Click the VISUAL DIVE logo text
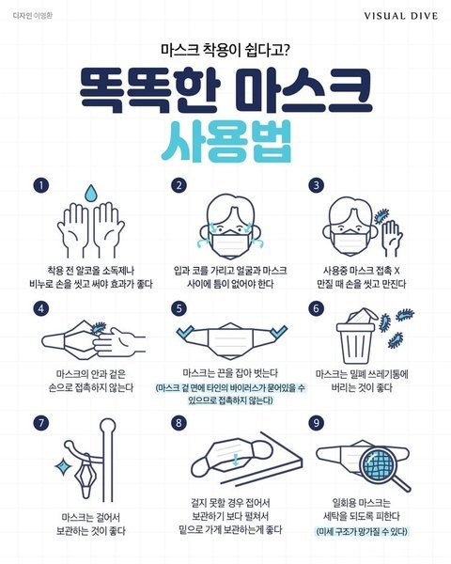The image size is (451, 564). [400, 16]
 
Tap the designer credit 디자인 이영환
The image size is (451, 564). [32, 15]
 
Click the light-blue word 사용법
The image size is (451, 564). [225, 142]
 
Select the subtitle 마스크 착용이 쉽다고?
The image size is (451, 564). [225, 50]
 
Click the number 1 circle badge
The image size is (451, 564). [41, 185]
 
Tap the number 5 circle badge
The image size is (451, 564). [179, 308]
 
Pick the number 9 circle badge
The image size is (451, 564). [316, 423]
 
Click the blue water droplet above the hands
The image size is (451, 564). [90, 193]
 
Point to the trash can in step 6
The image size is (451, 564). [356, 341]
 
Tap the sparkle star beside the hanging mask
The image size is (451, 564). [63, 466]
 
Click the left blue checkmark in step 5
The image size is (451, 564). [186, 333]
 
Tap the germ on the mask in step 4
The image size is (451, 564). [98, 328]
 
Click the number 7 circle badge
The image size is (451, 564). [41, 423]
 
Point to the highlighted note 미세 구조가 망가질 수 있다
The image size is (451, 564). [362, 531]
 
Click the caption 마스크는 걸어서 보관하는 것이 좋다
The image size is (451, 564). [90, 525]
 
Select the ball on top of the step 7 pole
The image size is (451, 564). [107, 428]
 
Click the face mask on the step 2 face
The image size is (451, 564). [231, 243]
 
